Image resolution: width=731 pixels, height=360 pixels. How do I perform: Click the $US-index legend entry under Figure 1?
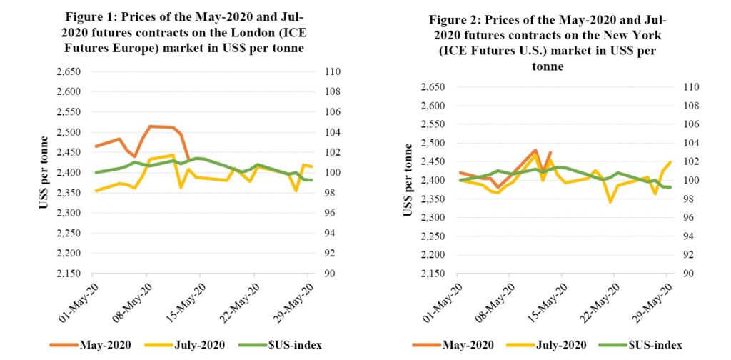click(x=281, y=346)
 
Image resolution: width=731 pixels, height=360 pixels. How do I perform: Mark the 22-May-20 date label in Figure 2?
click(x=596, y=302)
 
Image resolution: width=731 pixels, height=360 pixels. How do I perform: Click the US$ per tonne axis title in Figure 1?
click(x=45, y=172)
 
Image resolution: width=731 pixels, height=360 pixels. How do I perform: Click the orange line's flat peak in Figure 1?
click(x=161, y=126)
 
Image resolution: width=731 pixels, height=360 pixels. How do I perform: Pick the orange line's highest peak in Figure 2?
click(x=535, y=150)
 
